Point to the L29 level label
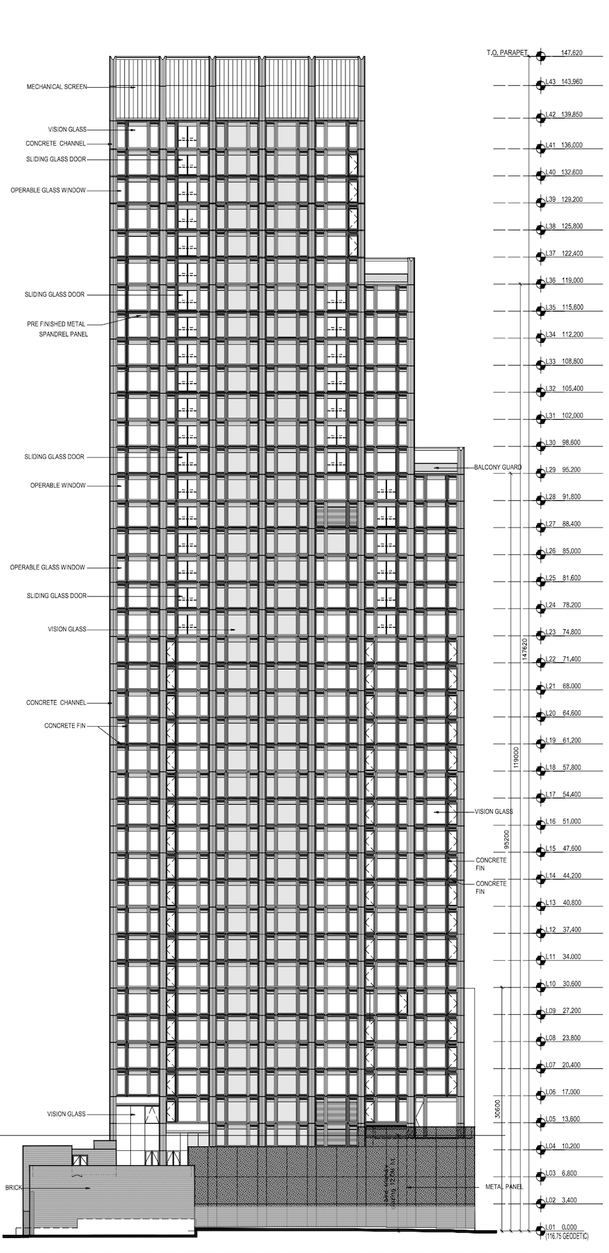click(550, 469)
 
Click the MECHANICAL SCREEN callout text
click(57, 87)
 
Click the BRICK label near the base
click(14, 1187)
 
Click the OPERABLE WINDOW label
click(58, 485)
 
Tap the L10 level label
click(550, 984)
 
